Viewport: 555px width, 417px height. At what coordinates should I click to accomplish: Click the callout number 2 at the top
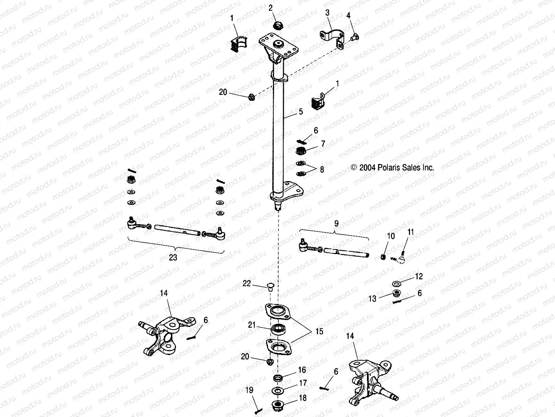tap(271, 8)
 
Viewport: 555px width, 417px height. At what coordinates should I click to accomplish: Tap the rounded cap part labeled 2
tap(278, 25)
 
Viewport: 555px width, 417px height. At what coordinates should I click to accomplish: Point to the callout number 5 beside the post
tap(301, 112)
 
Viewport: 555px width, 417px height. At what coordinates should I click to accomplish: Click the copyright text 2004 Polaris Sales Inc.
tap(392, 167)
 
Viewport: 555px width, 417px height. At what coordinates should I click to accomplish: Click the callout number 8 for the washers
tap(322, 170)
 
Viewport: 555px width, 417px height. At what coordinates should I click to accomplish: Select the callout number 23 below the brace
tap(173, 257)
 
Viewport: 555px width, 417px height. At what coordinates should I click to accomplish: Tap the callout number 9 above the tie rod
tap(336, 223)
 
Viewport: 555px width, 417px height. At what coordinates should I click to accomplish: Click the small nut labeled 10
tap(383, 256)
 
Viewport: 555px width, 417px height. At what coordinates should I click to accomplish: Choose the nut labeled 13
tap(395, 294)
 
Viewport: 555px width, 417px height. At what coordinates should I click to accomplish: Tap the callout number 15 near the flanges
tap(319, 331)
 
